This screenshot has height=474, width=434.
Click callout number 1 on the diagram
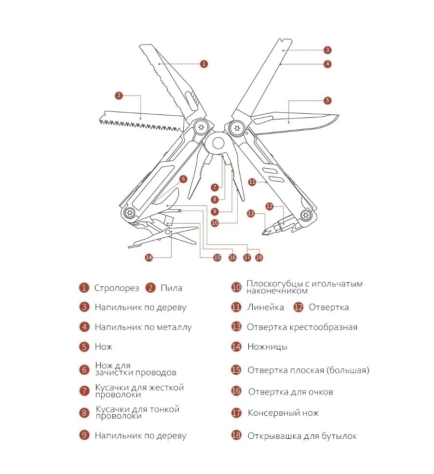click(x=204, y=64)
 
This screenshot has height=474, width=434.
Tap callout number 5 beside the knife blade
click(x=327, y=100)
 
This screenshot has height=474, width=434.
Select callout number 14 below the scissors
click(x=149, y=257)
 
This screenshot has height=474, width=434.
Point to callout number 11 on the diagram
click(x=252, y=182)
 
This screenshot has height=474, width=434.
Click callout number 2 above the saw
click(x=119, y=96)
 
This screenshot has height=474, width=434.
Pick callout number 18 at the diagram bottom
click(x=259, y=257)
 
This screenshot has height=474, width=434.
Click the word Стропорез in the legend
click(x=116, y=288)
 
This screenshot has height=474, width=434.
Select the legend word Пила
click(x=171, y=288)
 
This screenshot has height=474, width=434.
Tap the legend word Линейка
click(x=265, y=308)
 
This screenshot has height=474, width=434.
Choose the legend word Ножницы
click(x=267, y=346)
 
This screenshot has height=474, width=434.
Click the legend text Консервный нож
click(x=283, y=413)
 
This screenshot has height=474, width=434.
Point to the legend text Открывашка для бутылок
click(x=302, y=436)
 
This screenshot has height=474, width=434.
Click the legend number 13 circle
click(x=236, y=327)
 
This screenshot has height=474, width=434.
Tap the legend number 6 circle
click(x=84, y=370)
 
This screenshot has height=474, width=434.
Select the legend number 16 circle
click(x=236, y=391)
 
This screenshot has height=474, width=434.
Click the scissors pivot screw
click(x=168, y=232)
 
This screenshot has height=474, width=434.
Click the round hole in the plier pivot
click(x=218, y=143)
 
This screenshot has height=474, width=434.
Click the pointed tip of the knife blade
click(x=339, y=115)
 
